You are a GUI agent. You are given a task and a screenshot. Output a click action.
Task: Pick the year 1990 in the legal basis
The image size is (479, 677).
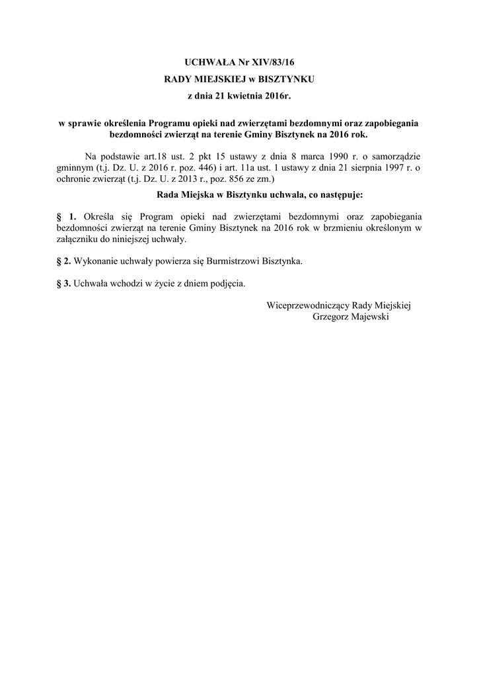(334, 157)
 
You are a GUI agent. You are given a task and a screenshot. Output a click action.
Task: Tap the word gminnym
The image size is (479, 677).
(74, 168)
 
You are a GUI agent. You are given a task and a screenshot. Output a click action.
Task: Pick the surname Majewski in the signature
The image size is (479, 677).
(370, 317)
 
